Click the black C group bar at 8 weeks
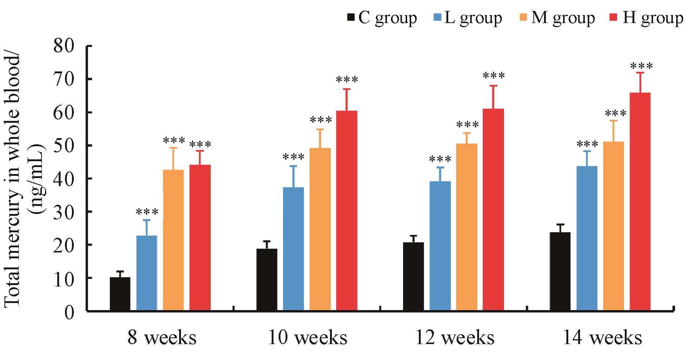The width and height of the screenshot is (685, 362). point(120,294)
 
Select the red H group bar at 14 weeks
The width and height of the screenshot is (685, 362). point(640,202)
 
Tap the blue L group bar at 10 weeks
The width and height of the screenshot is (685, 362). point(293,249)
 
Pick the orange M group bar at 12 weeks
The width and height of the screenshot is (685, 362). point(467,227)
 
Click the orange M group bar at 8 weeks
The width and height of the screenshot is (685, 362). point(173,240)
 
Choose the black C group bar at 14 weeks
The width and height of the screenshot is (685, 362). point(560,271)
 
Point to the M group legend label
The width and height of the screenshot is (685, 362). point(563,18)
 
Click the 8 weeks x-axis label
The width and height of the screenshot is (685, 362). point(162,338)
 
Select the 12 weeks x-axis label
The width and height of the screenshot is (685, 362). point(455,338)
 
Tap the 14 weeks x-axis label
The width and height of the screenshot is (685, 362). point(602,338)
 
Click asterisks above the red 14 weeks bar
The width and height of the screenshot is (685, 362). point(641,67)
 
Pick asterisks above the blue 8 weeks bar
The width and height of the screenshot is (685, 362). point(147,212)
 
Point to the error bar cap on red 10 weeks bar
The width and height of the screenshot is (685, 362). point(347,89)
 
